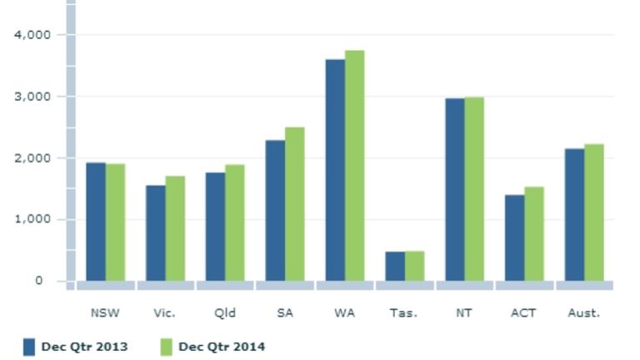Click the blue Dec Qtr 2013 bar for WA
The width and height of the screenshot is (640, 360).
(x=335, y=170)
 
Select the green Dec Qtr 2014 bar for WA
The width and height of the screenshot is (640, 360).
(x=355, y=166)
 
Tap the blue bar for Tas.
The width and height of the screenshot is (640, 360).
(x=395, y=266)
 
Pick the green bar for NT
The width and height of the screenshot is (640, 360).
(x=474, y=189)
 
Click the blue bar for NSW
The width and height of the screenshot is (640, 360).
(x=96, y=222)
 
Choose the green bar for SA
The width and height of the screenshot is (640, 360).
(x=295, y=204)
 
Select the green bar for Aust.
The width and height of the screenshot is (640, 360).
(x=594, y=212)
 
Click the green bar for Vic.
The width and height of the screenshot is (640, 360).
(x=175, y=228)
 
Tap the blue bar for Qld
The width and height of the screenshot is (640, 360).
(x=215, y=227)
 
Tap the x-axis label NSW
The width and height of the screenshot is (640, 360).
(x=105, y=313)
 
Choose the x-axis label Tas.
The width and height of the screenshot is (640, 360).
(x=403, y=313)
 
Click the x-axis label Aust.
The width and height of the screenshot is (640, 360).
(x=583, y=313)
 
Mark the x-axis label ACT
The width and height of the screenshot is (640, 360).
(x=523, y=313)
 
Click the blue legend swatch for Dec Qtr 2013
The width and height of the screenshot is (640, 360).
(x=29, y=347)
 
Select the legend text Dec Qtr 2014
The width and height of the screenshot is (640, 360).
(x=221, y=347)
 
